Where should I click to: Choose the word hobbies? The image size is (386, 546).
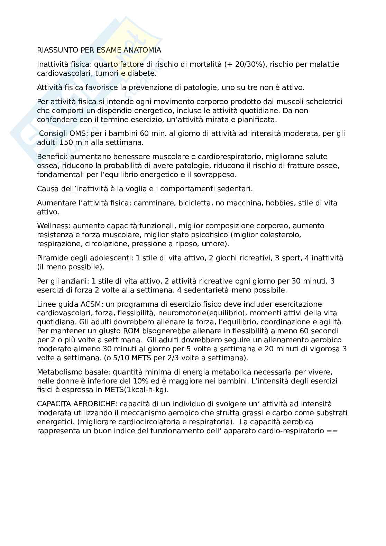pos(279,203)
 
